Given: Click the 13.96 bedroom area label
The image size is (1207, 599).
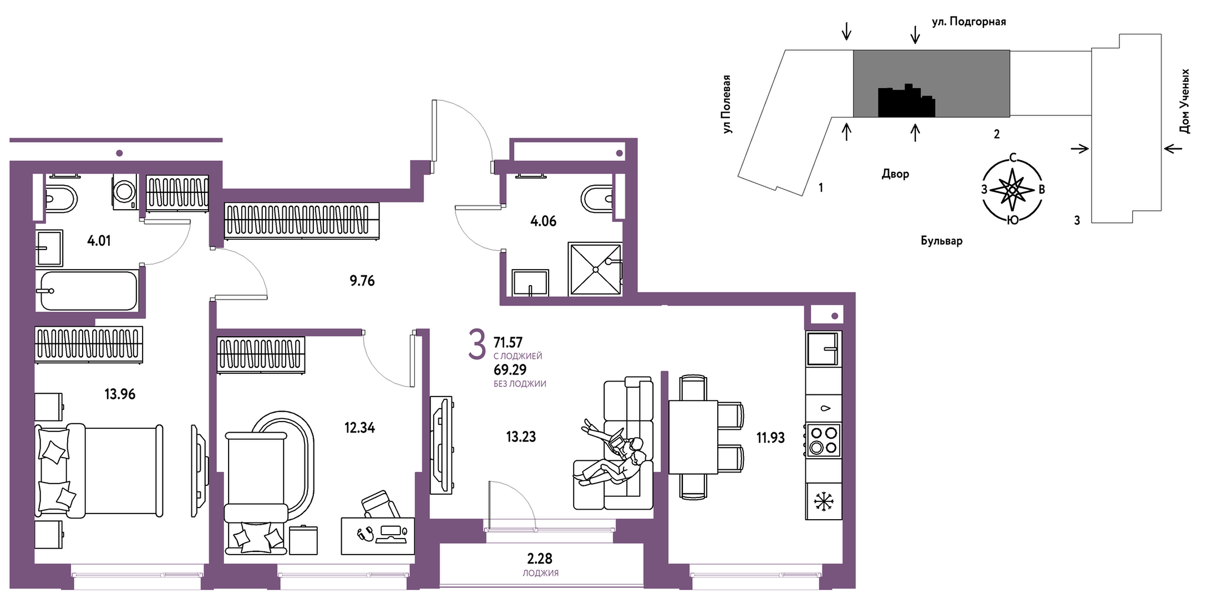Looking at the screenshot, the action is click(120, 394).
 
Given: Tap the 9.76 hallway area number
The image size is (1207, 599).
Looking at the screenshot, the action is click(362, 281).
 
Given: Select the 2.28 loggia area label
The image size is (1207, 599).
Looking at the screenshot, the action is click(540, 559).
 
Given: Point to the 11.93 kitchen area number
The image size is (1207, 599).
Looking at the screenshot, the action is click(770, 438).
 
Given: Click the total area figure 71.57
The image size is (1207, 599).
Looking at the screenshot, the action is click(508, 342).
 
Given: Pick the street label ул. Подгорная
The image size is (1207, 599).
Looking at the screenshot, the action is click(968, 22).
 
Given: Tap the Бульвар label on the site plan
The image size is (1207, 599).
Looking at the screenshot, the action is click(942, 241).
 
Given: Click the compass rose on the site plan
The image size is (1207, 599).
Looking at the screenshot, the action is click(1013, 189).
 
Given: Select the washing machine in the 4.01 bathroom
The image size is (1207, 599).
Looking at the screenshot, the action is click(125, 191).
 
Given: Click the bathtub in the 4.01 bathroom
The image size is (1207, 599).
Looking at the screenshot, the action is click(88, 291).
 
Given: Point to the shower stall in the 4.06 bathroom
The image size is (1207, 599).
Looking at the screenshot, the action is click(595, 269).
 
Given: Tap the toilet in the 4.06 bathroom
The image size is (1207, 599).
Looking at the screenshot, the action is click(597, 199).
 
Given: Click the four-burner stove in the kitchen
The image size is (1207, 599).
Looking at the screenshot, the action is click(824, 440).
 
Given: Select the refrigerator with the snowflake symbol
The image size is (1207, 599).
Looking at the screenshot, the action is click(824, 501).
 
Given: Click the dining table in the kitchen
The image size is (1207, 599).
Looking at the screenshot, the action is click(693, 436).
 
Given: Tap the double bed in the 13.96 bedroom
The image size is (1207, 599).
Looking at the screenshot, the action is click(99, 471).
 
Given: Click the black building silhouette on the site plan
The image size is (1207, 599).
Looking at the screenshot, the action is click(906, 101).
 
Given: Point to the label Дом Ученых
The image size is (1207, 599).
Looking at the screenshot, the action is click(1184, 101).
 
